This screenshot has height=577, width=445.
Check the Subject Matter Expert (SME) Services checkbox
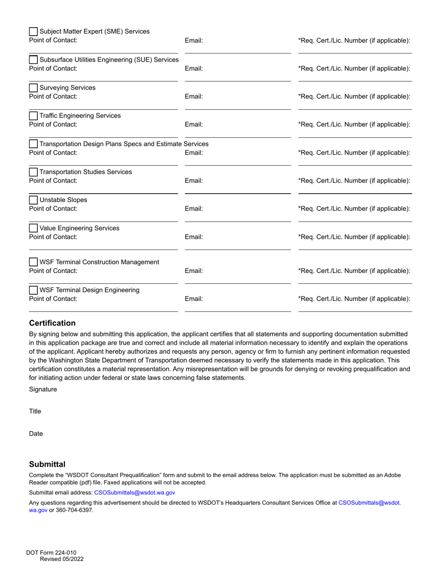[x=33, y=32]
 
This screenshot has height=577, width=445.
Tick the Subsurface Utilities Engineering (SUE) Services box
[x=33, y=60]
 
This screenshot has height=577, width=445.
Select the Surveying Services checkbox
[x=33, y=88]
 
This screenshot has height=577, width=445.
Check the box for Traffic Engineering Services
[x=33, y=116]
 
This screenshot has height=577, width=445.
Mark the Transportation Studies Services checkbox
[x=33, y=172]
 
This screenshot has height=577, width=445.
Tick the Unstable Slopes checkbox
[x=33, y=200]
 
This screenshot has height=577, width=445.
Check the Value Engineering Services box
[x=33, y=228]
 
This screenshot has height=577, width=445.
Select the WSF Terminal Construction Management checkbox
[x=33, y=262]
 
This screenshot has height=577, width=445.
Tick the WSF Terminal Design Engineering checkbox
[x=33, y=290]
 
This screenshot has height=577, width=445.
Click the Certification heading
[x=52, y=323]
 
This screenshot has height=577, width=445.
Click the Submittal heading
[x=47, y=464]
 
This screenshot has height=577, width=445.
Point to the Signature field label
[x=43, y=389]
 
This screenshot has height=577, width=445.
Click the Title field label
[x=35, y=411]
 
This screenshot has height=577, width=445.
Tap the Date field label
[x=36, y=434]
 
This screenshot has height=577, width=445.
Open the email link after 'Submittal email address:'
[x=134, y=493]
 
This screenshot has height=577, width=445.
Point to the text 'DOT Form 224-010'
[x=51, y=553]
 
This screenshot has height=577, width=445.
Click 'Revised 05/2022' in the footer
[x=62, y=559]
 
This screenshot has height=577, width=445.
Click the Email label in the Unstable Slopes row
[x=193, y=209]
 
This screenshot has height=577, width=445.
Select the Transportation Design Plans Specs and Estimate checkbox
[x=33, y=144]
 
